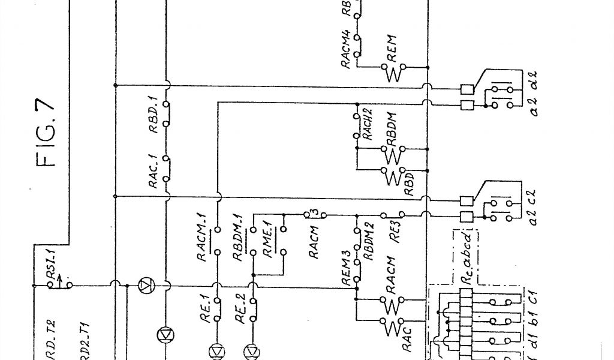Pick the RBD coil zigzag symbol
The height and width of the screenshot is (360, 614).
[x=393, y=178]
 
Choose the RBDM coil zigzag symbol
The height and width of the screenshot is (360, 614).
[x=393, y=156]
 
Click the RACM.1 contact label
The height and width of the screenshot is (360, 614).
[x=201, y=242]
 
